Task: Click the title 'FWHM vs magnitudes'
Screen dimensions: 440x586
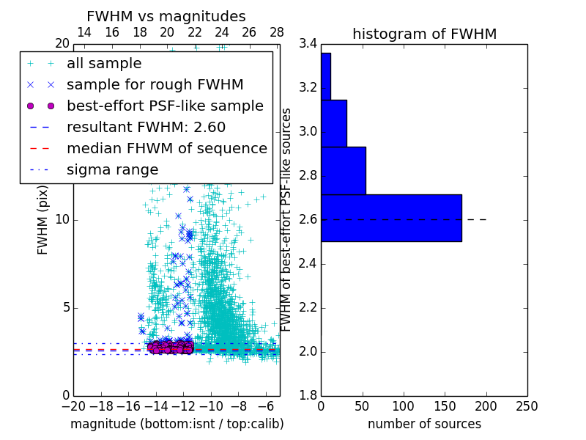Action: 166,16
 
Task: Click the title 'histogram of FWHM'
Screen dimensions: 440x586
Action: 424,34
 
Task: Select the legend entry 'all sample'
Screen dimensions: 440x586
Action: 104,64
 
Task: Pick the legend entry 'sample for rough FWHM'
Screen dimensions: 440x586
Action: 155,85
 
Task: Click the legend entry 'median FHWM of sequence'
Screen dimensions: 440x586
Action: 166,149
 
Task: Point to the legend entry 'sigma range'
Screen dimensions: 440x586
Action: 112,170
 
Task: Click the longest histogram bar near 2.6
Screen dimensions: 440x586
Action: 391,218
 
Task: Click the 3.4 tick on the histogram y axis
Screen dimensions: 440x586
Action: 308,44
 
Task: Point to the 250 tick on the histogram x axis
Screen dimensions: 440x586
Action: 527,405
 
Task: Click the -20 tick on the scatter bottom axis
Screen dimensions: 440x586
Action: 73,405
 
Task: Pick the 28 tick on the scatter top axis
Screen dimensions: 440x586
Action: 277,32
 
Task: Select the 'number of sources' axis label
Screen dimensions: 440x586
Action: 424,424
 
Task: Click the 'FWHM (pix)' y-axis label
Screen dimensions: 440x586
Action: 43,224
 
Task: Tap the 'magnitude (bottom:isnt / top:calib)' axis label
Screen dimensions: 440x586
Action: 177,424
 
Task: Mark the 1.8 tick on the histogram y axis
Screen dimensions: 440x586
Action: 308,396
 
